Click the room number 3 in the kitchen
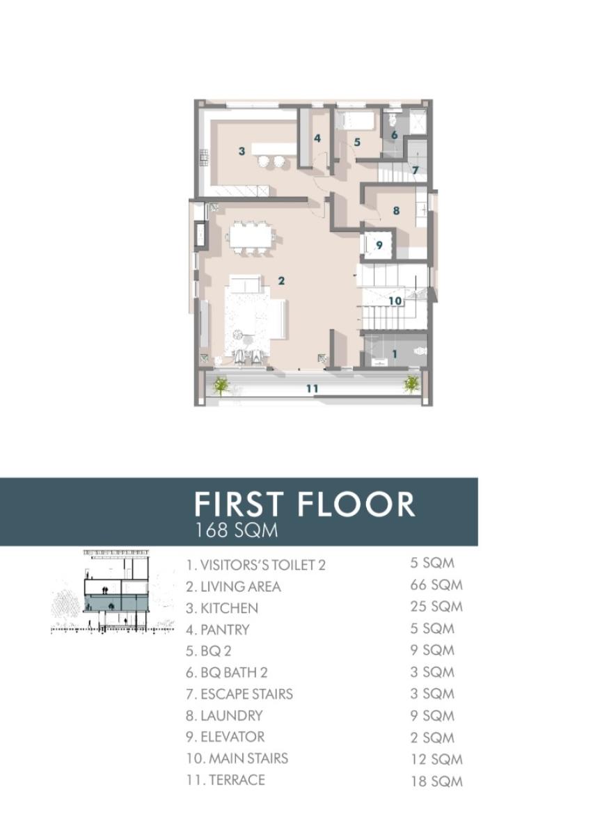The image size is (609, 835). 242,150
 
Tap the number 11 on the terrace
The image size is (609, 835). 312,388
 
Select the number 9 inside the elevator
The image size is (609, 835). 379,245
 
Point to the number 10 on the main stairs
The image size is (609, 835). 395,301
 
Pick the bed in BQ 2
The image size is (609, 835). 356,120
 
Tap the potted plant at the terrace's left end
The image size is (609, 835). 221,385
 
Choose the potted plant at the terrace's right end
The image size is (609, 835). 412,383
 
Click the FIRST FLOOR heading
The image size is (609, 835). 304,504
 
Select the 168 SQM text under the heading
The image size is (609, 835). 236,530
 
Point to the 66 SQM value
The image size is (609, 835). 436,585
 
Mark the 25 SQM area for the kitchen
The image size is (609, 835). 436,607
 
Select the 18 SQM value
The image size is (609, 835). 436,781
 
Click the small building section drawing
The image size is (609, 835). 113,591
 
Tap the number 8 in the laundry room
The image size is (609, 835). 396,210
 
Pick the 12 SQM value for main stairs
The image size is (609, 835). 436,759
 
